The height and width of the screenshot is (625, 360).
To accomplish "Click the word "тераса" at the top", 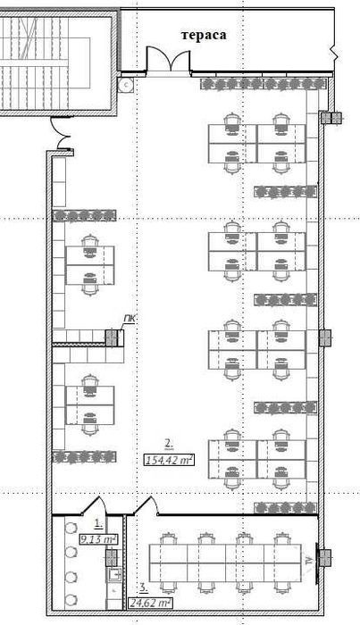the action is coord(204,35).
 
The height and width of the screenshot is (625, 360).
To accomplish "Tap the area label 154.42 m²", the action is coord(170,460).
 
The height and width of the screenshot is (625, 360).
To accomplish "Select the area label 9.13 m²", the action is coord(98,539).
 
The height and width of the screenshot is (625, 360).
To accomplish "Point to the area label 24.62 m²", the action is coord(150,603).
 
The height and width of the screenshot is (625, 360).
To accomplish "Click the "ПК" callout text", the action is coord(128,319).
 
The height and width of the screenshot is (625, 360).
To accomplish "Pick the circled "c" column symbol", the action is coord(126,85).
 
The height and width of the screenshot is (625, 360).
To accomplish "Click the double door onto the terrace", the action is coord(168,60).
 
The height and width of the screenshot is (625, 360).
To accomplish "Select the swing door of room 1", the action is coord(94,505).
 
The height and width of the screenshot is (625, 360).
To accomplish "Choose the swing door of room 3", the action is coord(147,505).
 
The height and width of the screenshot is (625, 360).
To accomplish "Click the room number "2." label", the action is coord(169,443).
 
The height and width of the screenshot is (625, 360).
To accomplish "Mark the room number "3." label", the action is coord(144,587).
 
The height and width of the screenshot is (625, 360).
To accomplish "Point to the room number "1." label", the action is coord(98,522).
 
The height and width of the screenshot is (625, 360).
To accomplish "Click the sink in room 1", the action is coord(115,574).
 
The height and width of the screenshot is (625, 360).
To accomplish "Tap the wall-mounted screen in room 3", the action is coord(317,560).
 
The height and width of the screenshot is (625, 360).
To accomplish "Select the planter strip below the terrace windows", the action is coord(264,84).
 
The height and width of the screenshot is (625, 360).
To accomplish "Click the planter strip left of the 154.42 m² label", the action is coord(84,457).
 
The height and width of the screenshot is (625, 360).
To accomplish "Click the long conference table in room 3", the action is coord(225,562).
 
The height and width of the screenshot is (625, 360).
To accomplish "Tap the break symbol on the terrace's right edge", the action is coord(334,52).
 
